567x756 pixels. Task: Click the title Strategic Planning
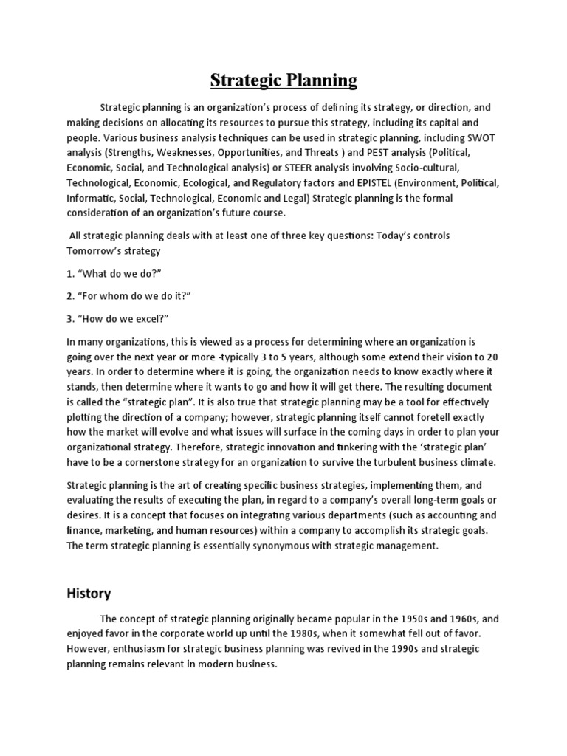pyautogui.click(x=283, y=79)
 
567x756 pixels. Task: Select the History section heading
pyautogui.click(x=89, y=593)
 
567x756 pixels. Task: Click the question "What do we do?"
pyautogui.click(x=114, y=274)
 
